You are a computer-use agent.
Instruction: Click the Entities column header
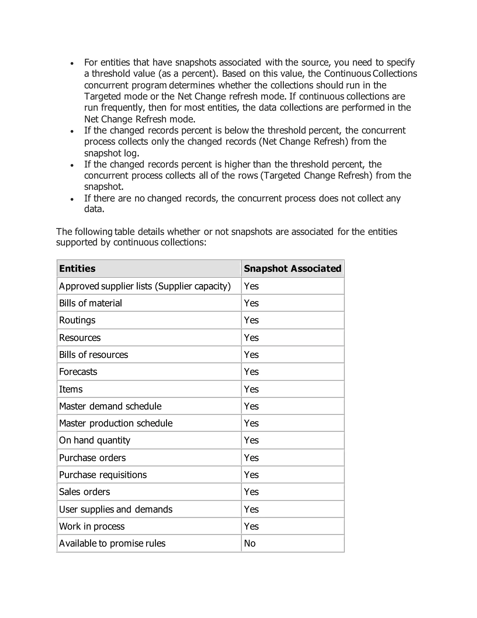click(x=77, y=268)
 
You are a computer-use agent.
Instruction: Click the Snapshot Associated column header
click(x=293, y=268)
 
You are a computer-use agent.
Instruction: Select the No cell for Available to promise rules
click(x=250, y=543)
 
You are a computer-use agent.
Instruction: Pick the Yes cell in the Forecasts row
click(x=251, y=371)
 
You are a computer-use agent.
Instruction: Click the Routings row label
click(x=77, y=320)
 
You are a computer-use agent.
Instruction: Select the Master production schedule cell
click(x=116, y=423)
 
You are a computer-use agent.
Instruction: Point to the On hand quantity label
click(x=95, y=440)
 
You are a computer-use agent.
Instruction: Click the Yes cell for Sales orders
click(x=251, y=492)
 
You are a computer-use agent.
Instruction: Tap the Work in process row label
click(x=92, y=526)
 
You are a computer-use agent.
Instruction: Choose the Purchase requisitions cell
click(x=103, y=475)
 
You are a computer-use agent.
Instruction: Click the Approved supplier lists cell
click(x=145, y=286)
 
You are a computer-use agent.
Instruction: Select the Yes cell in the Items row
click(x=251, y=389)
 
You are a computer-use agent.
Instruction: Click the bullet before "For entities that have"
click(x=72, y=63)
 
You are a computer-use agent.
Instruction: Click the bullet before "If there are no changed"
click(x=72, y=199)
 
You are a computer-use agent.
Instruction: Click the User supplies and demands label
click(x=116, y=509)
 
